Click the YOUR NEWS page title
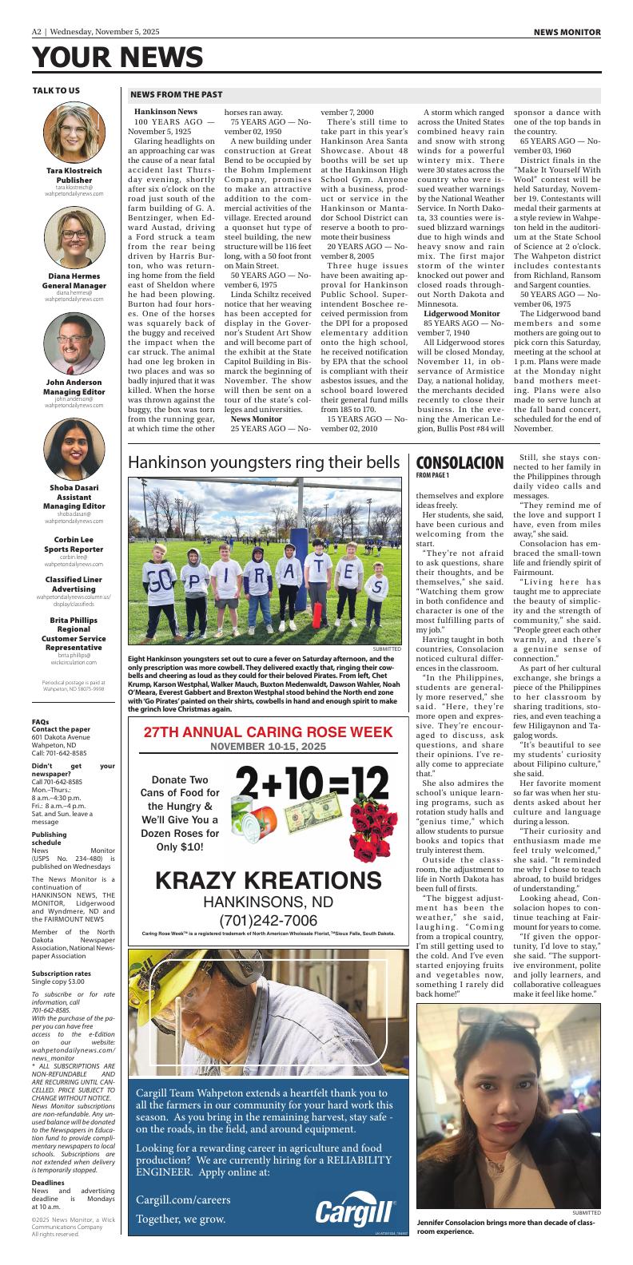117,57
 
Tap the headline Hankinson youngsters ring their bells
264,463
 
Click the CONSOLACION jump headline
460,463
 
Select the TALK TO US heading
56,90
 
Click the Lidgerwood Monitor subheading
461,314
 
